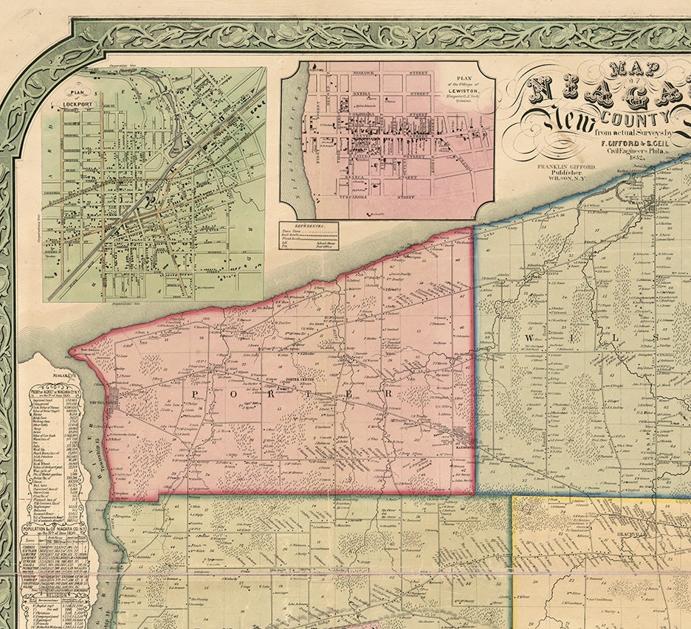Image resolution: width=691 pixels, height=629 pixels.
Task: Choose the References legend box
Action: [308, 235]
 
